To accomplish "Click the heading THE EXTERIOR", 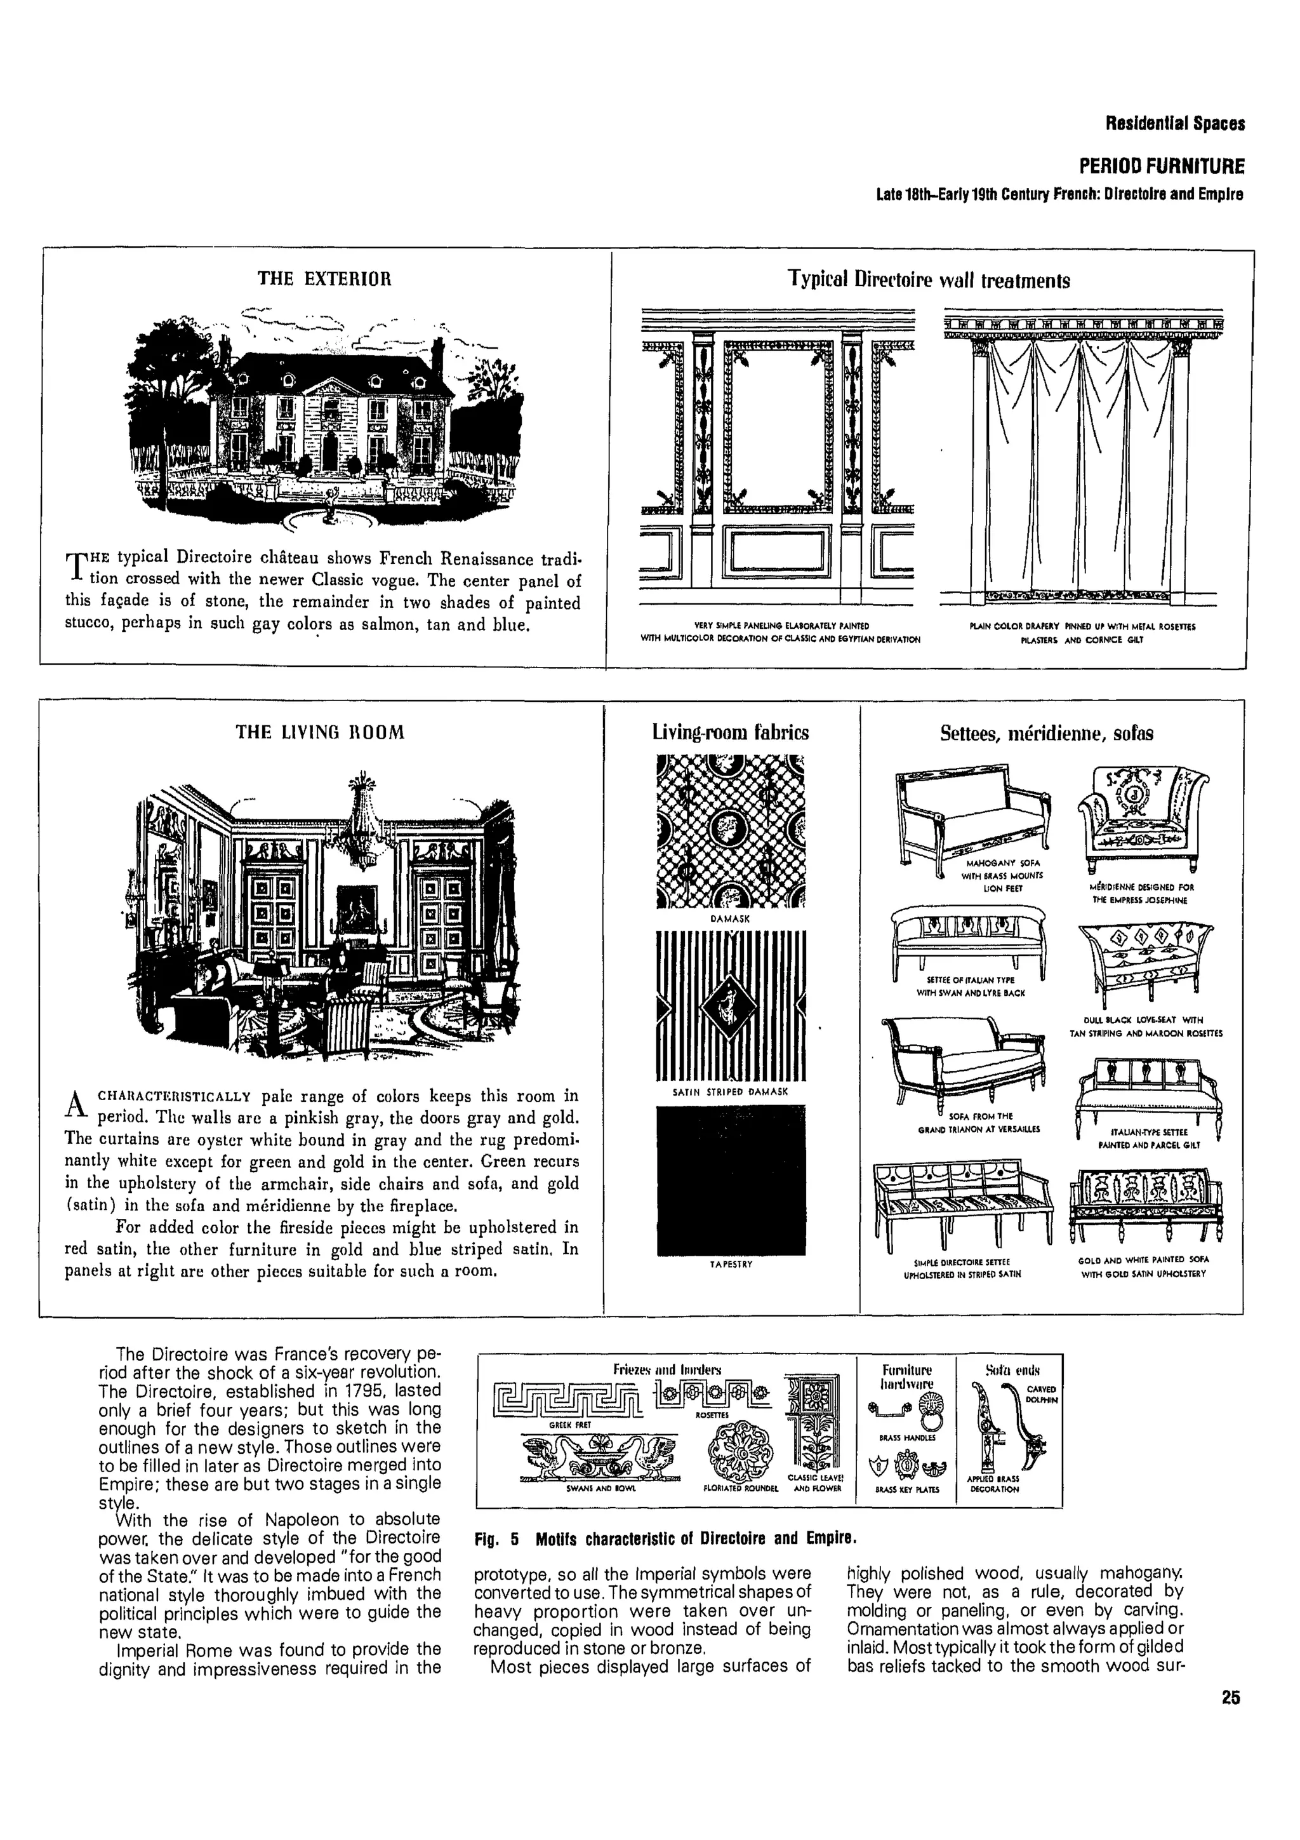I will coord(324,279).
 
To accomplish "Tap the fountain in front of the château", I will coord(329,514).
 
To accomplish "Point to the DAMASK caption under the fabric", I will coord(730,919).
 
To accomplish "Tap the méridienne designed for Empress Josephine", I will coord(1143,819).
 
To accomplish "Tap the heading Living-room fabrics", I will coord(730,732).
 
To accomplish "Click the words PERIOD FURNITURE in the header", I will coord(1162,166).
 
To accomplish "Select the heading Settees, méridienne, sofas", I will coord(1047,732).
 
